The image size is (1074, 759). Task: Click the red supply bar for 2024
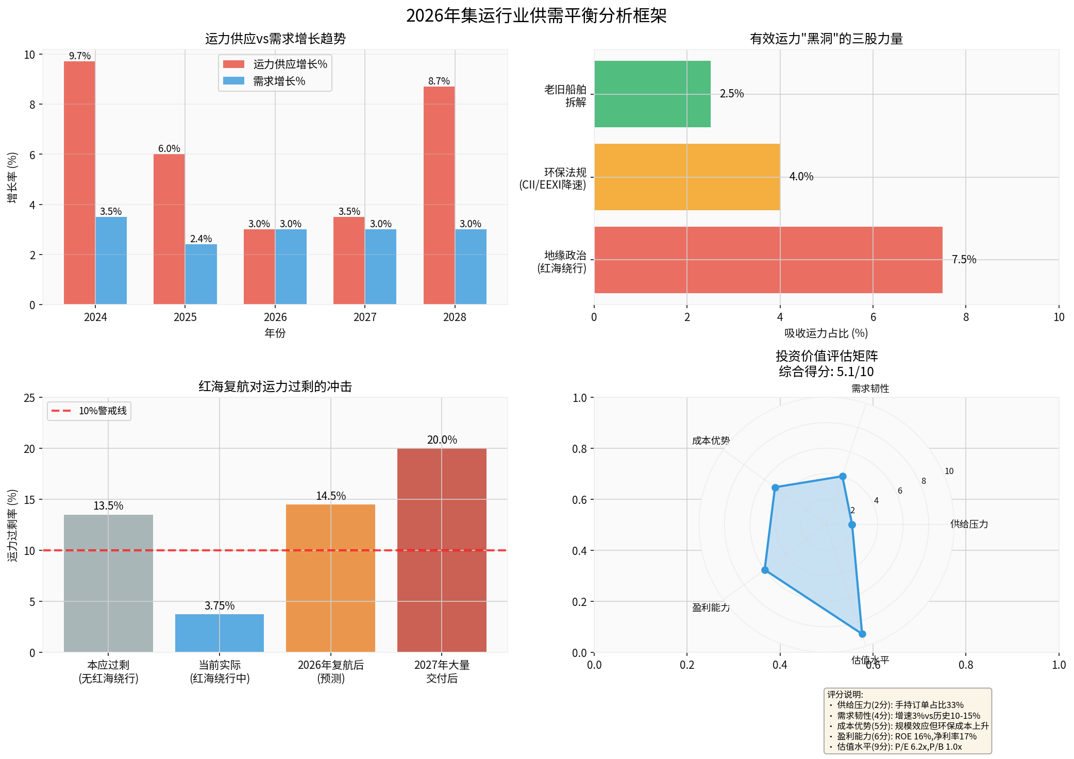79,183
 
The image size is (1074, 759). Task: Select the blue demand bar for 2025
201,274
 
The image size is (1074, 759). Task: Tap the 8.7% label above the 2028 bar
439,81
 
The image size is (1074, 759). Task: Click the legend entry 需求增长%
279,81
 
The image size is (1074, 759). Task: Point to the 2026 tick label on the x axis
275,317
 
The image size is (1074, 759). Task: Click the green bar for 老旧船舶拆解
652,94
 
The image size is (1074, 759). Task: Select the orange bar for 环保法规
687,177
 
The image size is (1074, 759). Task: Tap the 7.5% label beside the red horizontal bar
964,260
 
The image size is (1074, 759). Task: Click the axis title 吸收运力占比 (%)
826,333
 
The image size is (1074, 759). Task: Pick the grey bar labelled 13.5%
108,583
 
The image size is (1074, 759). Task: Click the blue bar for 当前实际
220,633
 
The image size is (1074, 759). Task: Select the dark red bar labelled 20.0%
442,550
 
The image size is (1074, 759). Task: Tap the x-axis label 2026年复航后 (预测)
331,671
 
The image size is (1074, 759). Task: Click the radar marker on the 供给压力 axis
852,525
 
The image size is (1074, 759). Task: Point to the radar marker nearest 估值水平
862,634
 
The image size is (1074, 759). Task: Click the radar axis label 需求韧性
870,389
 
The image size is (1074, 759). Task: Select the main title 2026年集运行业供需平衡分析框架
536,15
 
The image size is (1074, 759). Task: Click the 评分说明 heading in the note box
845,695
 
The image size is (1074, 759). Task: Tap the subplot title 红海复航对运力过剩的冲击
275,386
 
